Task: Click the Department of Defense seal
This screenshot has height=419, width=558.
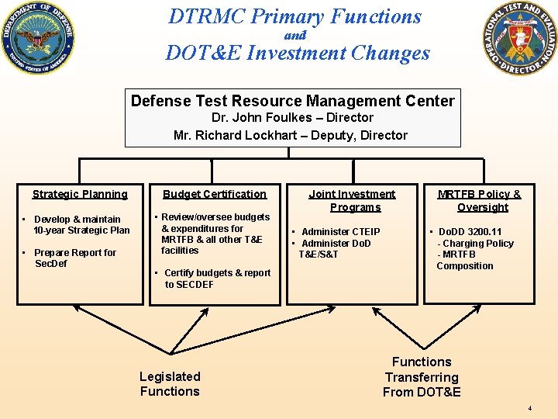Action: [x=39, y=40]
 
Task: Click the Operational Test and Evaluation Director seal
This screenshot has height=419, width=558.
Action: [x=518, y=39]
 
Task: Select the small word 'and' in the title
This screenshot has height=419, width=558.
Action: [x=295, y=35]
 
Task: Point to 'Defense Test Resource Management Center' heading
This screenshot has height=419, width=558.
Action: [x=293, y=101]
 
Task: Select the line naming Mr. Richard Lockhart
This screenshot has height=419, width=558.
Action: [x=291, y=135]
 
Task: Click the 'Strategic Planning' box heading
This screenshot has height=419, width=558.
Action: [x=80, y=194]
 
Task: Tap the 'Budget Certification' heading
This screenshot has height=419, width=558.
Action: [x=215, y=194]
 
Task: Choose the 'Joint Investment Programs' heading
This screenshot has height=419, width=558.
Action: [x=352, y=200]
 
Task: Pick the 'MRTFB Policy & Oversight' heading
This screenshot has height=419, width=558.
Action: [x=479, y=200]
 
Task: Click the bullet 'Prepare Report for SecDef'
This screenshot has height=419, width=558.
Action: [x=75, y=258]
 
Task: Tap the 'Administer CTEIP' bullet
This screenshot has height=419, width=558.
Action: [x=340, y=232]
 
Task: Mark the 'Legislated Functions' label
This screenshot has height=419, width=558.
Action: [x=170, y=383]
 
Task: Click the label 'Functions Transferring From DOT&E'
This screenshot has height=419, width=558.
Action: [x=422, y=376]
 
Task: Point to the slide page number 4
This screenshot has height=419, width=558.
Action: [x=529, y=408]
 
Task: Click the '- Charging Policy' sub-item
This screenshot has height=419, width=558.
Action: [x=476, y=244]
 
